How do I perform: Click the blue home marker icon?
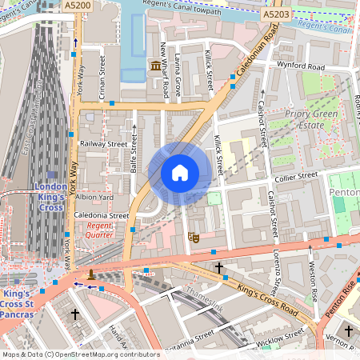pos(179,173)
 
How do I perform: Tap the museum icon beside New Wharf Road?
pos(155,65)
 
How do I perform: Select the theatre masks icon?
pos(192,237)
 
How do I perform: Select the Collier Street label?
pos(295,175)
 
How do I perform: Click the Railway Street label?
pos(103,144)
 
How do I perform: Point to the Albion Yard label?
pos(95,197)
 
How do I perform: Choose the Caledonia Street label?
pos(102,215)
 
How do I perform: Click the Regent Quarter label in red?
pos(100,230)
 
